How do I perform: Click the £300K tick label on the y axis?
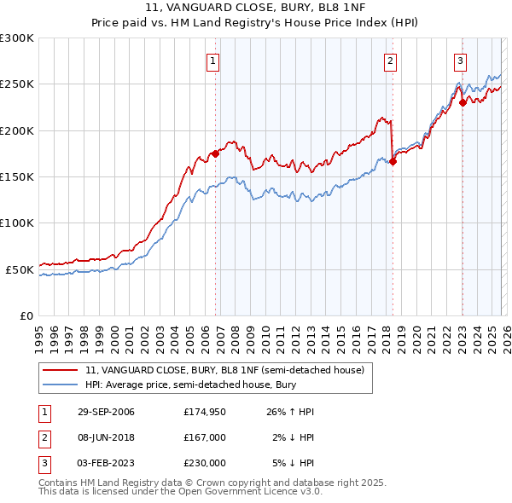(17, 38)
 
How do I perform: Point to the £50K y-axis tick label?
(20, 269)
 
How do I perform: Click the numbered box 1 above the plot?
(212, 61)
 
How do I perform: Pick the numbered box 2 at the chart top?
(389, 61)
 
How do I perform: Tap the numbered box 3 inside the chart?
(460, 61)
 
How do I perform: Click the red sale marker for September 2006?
(215, 154)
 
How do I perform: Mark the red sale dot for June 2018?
(393, 162)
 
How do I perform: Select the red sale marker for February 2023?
(463, 103)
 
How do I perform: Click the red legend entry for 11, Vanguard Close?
(224, 370)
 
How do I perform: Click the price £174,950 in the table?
(204, 412)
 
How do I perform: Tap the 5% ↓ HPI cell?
(294, 463)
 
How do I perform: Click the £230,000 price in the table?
(204, 463)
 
